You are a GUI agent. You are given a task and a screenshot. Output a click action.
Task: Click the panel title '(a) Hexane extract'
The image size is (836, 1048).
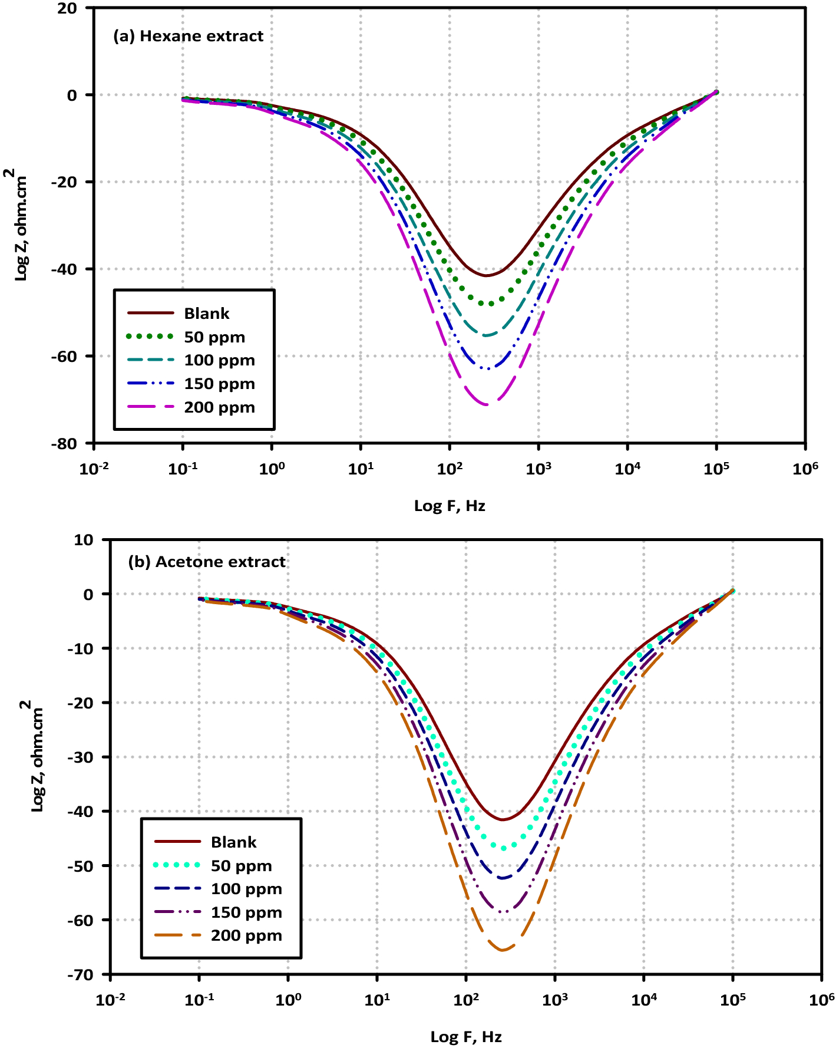click(188, 36)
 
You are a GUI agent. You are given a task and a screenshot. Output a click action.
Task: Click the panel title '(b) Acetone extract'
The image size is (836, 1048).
click(207, 562)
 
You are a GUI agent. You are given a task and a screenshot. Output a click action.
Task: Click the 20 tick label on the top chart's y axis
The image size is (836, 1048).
click(68, 8)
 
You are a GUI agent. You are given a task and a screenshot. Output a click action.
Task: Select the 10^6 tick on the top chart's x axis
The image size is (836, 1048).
click(805, 469)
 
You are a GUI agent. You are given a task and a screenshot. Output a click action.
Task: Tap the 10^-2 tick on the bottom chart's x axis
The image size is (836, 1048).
click(111, 1000)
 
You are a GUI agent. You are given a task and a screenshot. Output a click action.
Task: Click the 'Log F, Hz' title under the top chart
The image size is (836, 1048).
click(450, 506)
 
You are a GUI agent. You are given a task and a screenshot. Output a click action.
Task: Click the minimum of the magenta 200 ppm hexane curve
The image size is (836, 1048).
click(487, 404)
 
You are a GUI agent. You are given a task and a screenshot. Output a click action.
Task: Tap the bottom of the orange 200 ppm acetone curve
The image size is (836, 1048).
click(503, 950)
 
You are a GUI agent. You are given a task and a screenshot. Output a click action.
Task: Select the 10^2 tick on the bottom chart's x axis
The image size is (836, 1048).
click(465, 1000)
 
